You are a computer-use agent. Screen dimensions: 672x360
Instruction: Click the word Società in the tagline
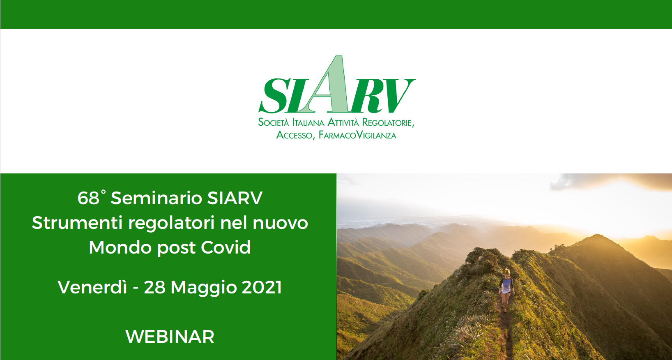click(x=274, y=122)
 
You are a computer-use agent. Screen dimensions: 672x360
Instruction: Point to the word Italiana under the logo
click(x=308, y=122)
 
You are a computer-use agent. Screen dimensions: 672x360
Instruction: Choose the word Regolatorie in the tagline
click(x=388, y=122)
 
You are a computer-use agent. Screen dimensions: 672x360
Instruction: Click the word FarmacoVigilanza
click(x=357, y=135)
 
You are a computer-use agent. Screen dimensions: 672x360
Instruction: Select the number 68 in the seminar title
click(x=88, y=198)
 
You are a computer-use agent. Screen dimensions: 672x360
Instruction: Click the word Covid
click(x=226, y=247)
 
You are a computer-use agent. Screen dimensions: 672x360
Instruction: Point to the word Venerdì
click(x=92, y=287)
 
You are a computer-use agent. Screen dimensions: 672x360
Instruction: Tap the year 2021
click(x=262, y=287)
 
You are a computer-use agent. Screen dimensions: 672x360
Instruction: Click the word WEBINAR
click(x=170, y=337)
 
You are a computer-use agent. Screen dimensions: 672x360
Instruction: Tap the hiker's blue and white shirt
click(x=506, y=285)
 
